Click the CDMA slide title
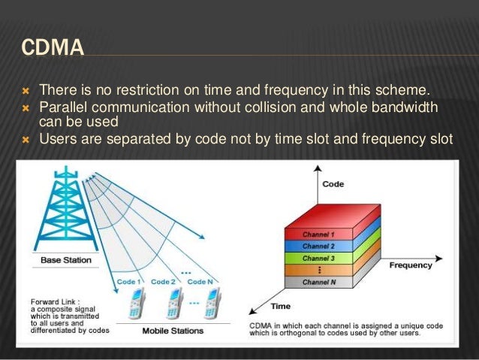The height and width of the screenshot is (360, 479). [x=53, y=47]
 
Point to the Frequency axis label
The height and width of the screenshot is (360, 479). [x=411, y=265]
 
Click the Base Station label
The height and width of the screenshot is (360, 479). [x=66, y=261]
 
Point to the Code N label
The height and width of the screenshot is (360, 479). [x=201, y=282]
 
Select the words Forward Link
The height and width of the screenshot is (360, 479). [x=51, y=301]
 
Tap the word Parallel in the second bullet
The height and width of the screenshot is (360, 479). [x=64, y=107]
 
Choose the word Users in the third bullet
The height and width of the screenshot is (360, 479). [x=58, y=138]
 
